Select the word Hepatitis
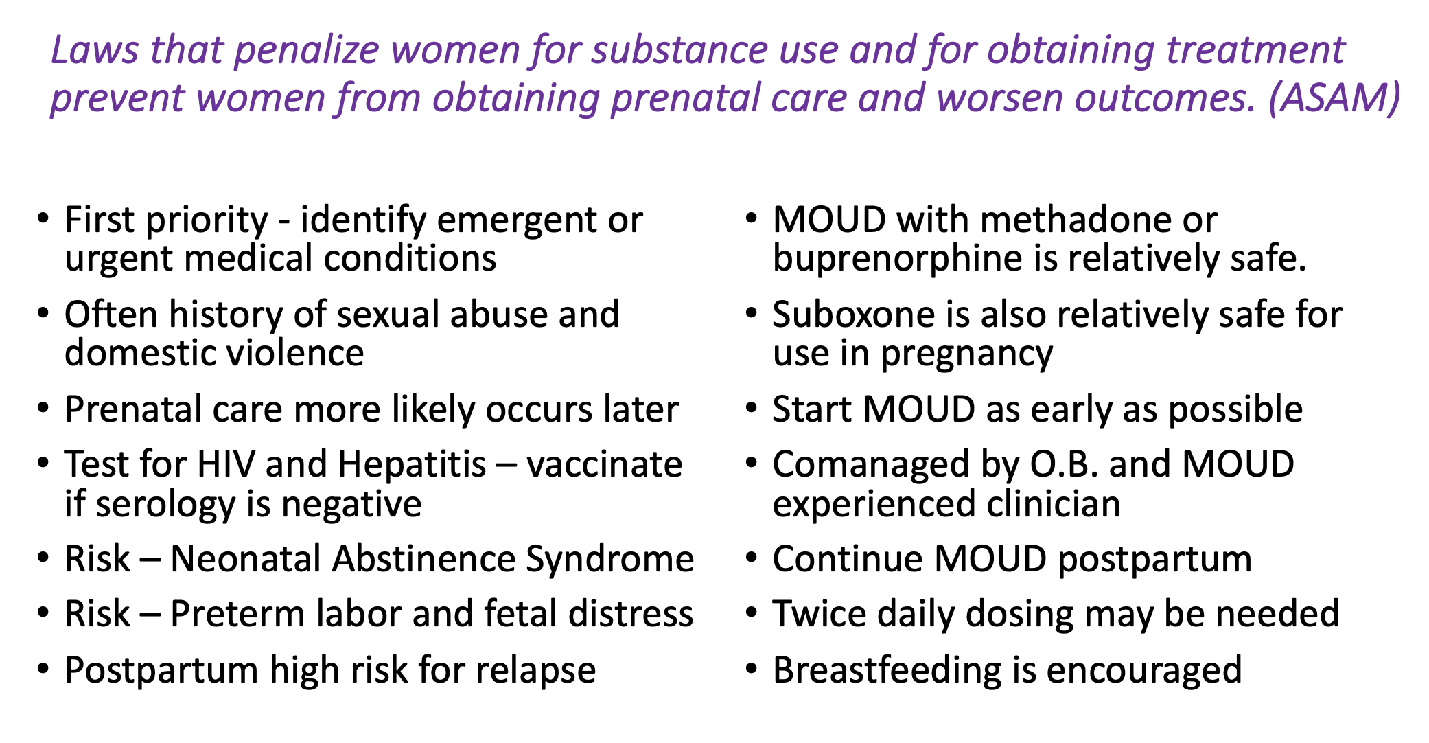[412, 466]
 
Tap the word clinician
[1054, 504]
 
